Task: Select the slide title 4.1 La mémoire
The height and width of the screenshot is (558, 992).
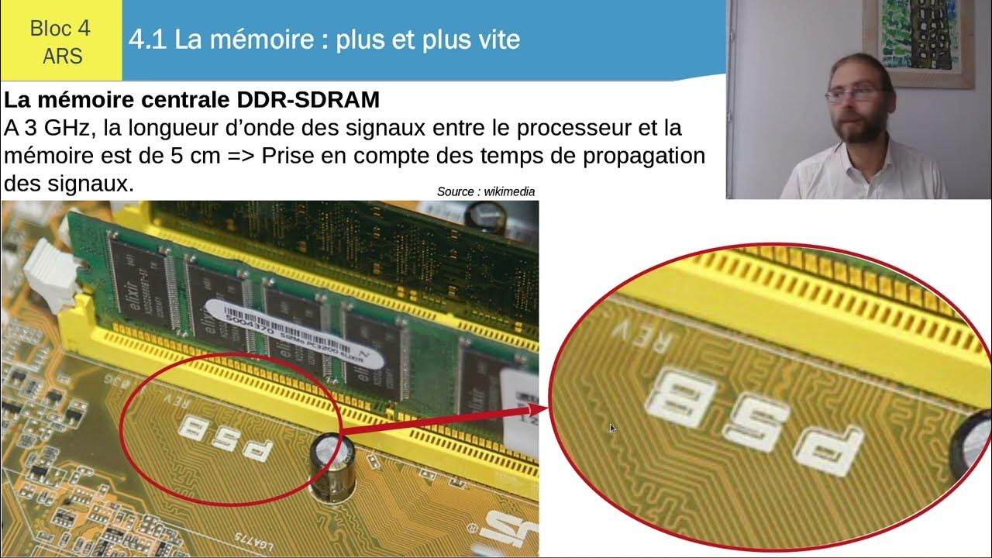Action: [x=324, y=40]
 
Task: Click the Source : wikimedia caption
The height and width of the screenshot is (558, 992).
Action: [x=486, y=191]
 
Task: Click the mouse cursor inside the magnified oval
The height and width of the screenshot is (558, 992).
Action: [x=611, y=427]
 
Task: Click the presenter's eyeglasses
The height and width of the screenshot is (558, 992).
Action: [x=853, y=95]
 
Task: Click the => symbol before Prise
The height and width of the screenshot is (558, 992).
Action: [x=244, y=155]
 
